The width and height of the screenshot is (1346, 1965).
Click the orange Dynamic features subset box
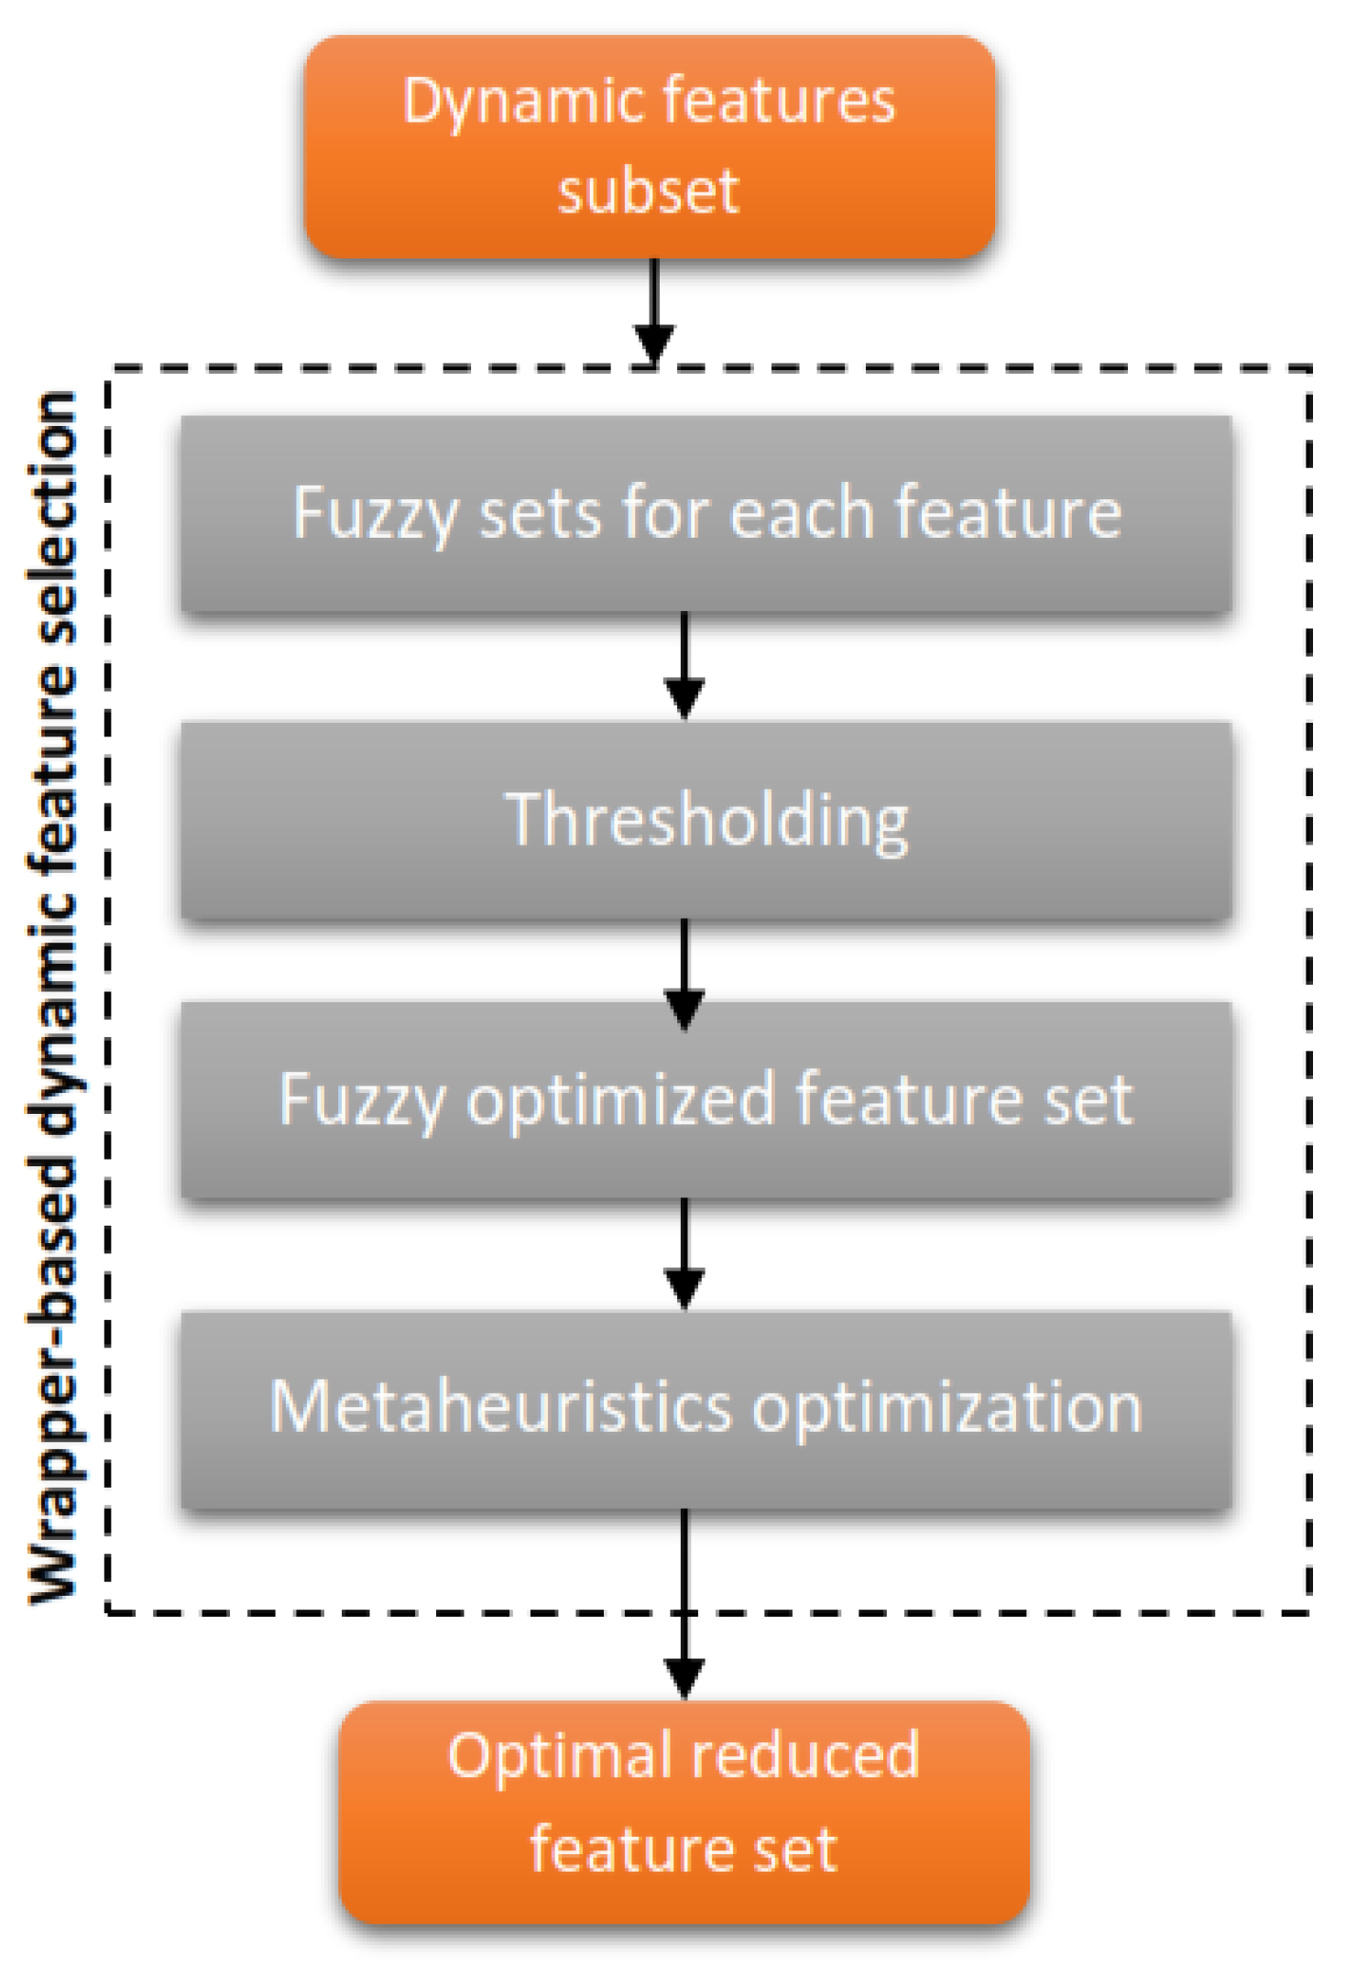[649, 147]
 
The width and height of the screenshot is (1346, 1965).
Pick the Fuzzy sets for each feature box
[706, 513]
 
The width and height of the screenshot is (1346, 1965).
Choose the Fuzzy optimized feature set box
[706, 1099]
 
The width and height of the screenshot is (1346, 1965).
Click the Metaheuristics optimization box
[706, 1408]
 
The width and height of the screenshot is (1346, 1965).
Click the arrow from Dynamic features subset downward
[654, 311]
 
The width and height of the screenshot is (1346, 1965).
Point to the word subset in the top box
[649, 191]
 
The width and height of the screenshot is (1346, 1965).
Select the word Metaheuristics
[500, 1408]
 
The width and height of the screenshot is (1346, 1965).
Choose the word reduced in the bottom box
[804, 1756]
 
